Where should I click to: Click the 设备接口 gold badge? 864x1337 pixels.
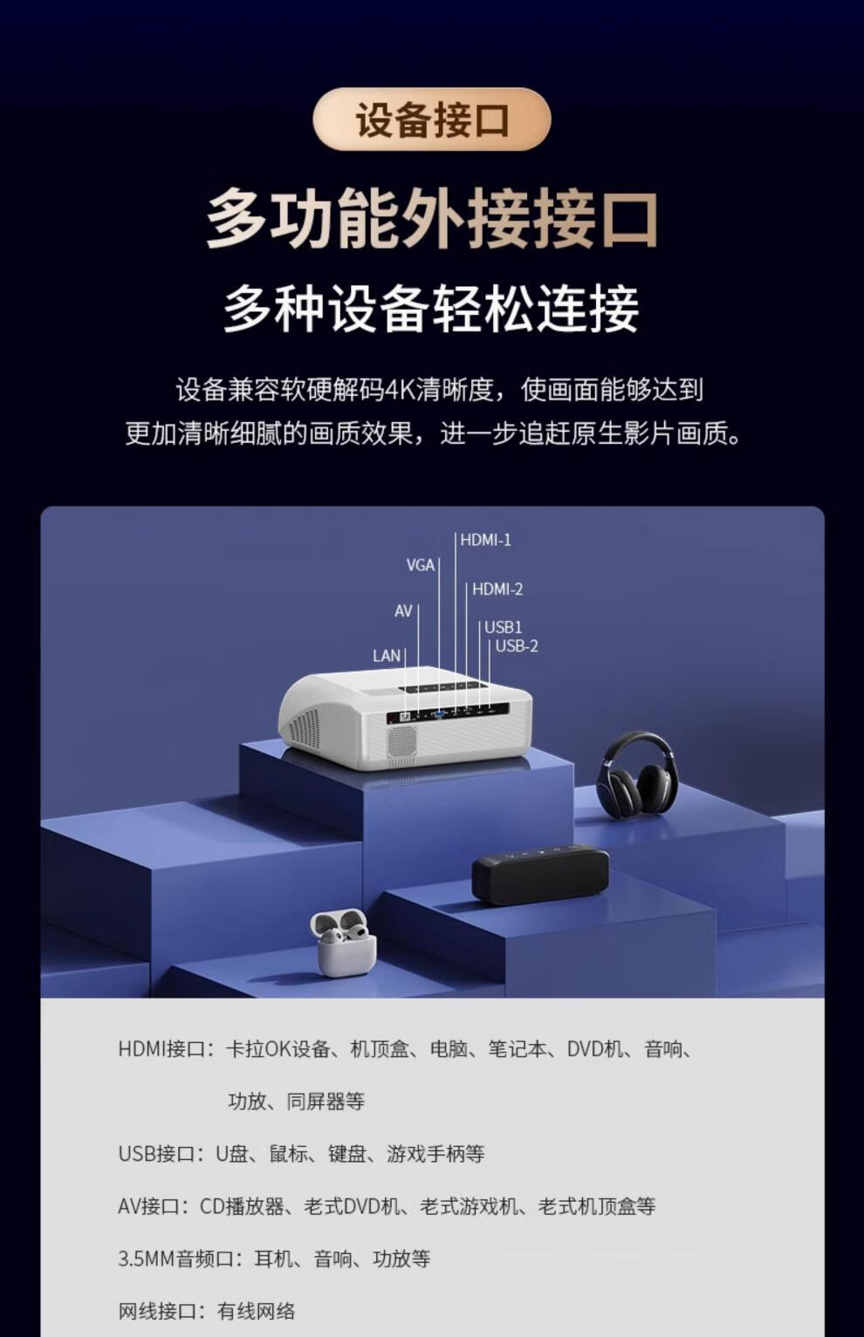[431, 119]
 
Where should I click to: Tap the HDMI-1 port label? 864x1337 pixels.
[485, 540]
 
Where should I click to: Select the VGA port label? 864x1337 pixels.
[420, 565]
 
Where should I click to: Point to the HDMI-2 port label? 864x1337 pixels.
[497, 590]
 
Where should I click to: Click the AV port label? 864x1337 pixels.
[402, 611]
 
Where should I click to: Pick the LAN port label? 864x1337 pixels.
[386, 656]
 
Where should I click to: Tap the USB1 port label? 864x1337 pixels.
[503, 627]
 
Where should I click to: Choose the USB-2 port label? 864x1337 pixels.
[517, 646]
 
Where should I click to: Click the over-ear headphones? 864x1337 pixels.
[636, 774]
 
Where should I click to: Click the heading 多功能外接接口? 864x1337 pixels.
[431, 219]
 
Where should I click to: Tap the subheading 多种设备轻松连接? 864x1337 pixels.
[431, 308]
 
